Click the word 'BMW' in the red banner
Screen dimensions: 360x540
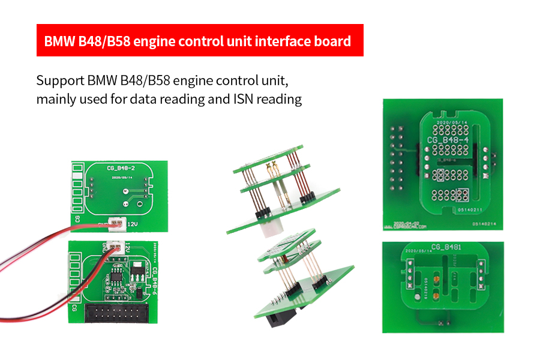coord(61,42)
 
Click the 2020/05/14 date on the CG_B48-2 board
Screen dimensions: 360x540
coord(121,178)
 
